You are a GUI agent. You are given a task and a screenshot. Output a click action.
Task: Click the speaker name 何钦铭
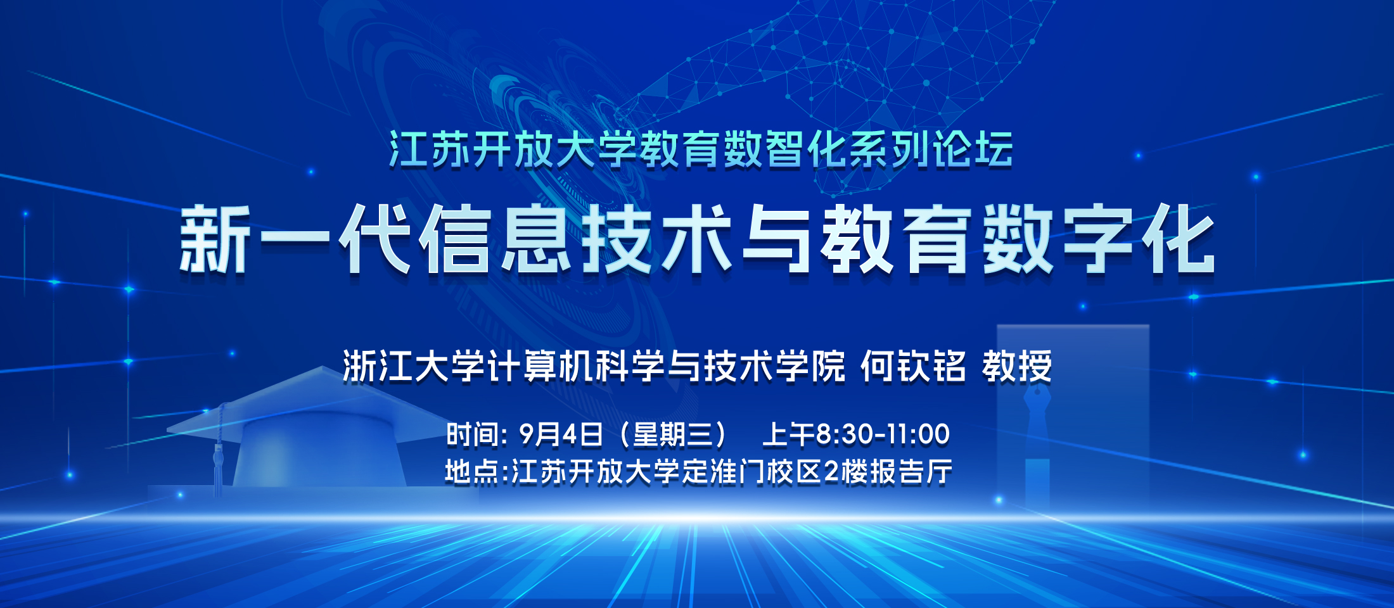[913, 367]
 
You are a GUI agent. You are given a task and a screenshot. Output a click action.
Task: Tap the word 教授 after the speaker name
[1017, 367]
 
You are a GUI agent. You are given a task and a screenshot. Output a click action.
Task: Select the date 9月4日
[561, 434]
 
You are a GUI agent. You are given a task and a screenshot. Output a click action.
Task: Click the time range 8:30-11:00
[883, 434]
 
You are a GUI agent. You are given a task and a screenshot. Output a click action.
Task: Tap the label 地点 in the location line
[471, 472]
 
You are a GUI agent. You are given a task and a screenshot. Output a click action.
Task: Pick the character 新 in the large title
[214, 239]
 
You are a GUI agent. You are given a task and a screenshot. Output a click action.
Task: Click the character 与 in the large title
[777, 239]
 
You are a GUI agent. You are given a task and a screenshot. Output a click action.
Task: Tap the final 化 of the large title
[1179, 239]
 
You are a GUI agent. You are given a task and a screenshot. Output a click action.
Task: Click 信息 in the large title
[496, 239]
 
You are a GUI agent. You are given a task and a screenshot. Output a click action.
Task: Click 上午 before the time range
[788, 434]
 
